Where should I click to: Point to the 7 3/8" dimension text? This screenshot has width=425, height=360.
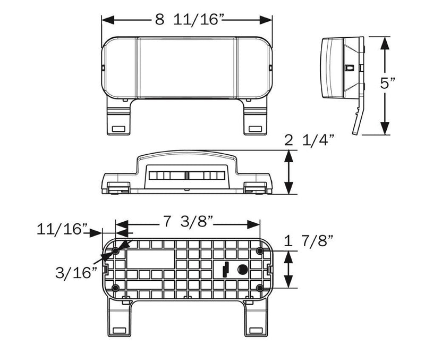click(189, 222)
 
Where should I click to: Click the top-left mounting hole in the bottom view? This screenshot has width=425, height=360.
click(116, 250)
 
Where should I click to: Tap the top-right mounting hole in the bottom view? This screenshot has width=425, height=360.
click(259, 250)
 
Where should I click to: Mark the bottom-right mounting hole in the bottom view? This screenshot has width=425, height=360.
click(259, 288)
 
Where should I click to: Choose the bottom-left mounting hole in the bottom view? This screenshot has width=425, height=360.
click(116, 288)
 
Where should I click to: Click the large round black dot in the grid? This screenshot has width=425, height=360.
click(242, 270)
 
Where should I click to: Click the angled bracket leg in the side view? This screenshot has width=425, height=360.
click(358, 120)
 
